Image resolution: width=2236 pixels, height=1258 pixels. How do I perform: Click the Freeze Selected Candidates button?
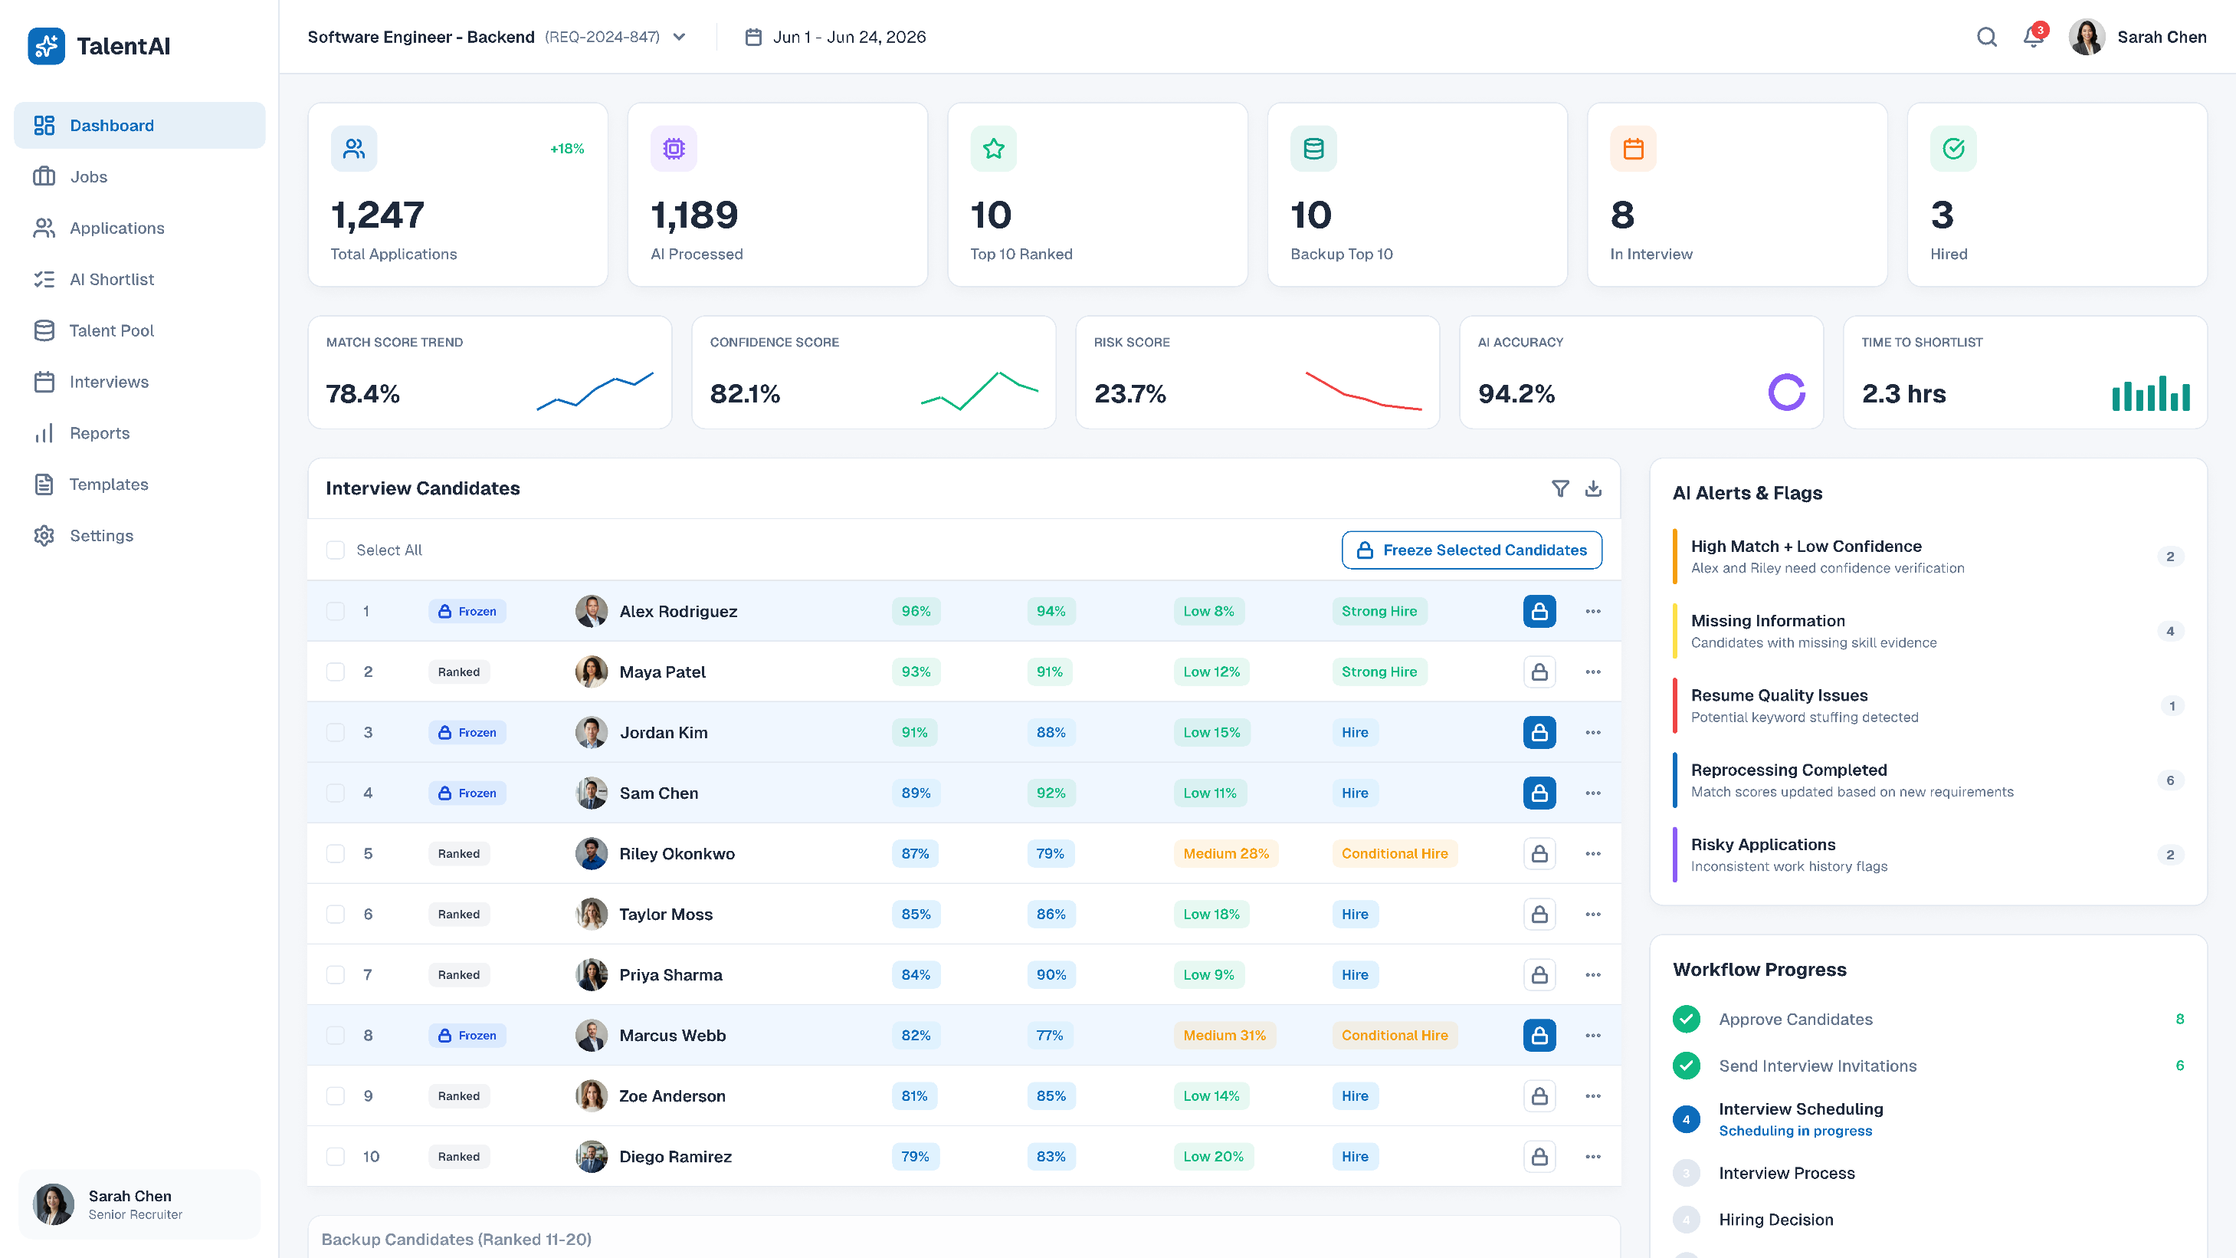[1471, 550]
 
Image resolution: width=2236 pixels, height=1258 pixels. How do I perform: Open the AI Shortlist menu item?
[112, 280]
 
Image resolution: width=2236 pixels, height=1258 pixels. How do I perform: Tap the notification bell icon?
[2033, 37]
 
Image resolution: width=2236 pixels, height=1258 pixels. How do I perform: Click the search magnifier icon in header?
[1987, 37]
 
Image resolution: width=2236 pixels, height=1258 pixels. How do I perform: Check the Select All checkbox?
[335, 550]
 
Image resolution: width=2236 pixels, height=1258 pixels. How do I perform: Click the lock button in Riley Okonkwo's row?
[1539, 853]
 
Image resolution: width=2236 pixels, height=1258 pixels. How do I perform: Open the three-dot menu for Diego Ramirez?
[1593, 1156]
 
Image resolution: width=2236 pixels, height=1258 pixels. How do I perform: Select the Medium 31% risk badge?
[1224, 1035]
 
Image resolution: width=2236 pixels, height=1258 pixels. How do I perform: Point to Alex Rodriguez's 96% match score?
[916, 611]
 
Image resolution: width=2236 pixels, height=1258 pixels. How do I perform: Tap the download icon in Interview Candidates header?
[1593, 488]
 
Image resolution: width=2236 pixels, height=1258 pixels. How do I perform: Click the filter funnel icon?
[1560, 488]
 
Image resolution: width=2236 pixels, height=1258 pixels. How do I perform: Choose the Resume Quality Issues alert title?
[1779, 695]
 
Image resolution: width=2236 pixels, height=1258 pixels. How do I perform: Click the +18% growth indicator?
[567, 149]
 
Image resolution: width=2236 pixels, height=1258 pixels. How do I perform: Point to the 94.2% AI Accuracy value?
[1516, 393]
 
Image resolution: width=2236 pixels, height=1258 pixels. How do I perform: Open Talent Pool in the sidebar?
[111, 330]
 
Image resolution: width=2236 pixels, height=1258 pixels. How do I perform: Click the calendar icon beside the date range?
[753, 37]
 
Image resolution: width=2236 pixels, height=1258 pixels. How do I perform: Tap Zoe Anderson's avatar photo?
[591, 1095]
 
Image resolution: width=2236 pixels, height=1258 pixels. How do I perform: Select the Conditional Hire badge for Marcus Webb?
[1394, 1035]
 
